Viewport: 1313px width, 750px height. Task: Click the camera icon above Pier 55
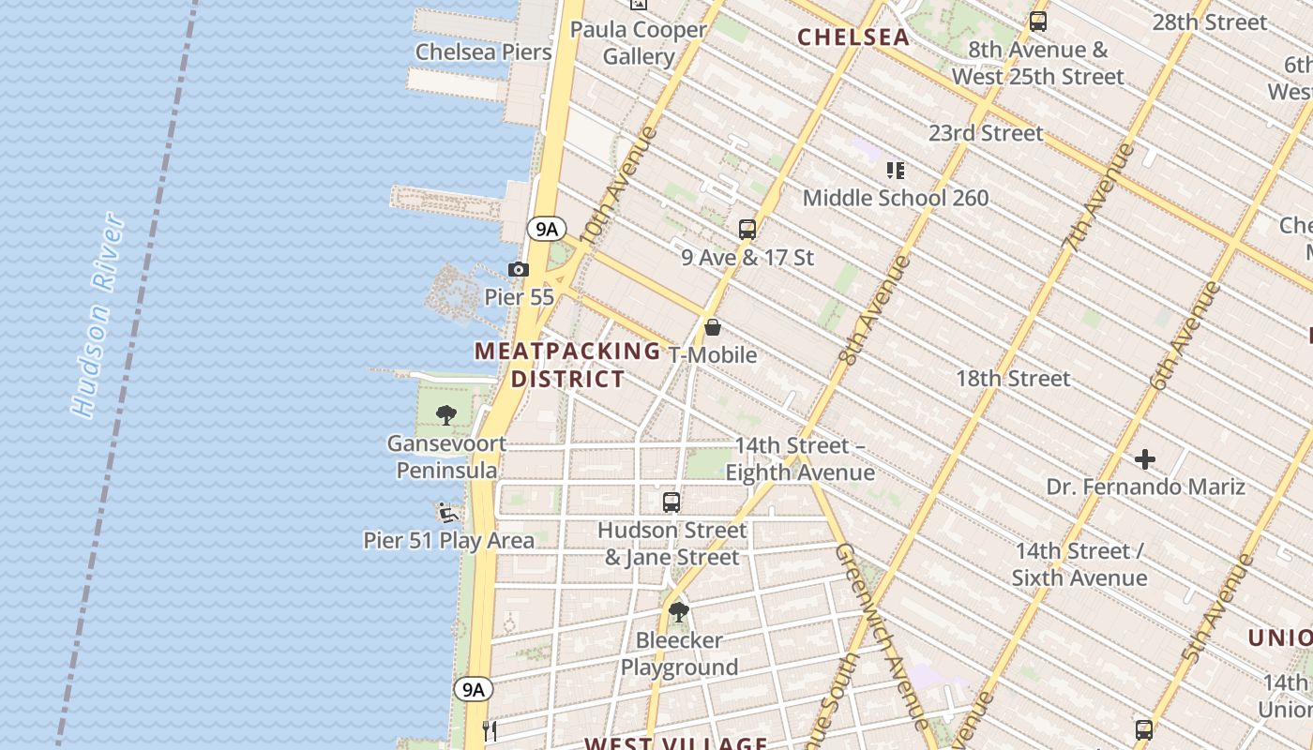coord(518,270)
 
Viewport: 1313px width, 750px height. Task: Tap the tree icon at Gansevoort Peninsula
coord(446,414)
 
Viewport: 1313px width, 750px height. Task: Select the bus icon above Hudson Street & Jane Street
coord(672,502)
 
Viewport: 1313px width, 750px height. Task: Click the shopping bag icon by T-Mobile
coord(713,327)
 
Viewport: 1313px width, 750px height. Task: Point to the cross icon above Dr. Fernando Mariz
coord(1145,459)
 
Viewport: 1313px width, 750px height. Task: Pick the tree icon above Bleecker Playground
coord(679,613)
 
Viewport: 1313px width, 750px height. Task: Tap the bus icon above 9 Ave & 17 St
coord(747,229)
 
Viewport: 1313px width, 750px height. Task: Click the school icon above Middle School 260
coord(896,171)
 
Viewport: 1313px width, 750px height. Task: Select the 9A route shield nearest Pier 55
coord(546,229)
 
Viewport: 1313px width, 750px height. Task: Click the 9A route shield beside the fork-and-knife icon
coord(474,690)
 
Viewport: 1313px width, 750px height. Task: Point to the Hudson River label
coord(99,315)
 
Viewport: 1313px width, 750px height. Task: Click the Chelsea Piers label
coord(483,52)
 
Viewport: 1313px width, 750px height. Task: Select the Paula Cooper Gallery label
coord(639,43)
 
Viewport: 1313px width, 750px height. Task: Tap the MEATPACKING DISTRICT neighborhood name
coord(567,365)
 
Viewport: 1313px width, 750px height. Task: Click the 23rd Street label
coord(986,133)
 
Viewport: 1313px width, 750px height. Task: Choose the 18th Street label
coord(1013,379)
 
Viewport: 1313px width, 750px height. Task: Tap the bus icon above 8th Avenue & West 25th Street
coord(1038,21)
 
